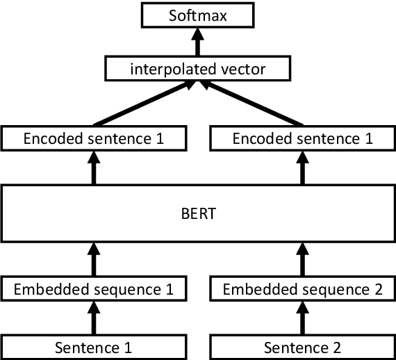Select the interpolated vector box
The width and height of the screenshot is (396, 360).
click(x=198, y=69)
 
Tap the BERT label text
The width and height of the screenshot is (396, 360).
click(x=198, y=213)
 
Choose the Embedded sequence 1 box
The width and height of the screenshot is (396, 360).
click(x=94, y=288)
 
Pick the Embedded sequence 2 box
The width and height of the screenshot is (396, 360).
click(x=303, y=288)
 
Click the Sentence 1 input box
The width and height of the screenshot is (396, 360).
click(x=94, y=345)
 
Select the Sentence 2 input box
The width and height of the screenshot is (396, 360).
click(x=303, y=345)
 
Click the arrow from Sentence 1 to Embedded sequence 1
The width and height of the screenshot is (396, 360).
click(x=94, y=318)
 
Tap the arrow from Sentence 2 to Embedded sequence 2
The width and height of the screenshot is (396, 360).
click(x=303, y=318)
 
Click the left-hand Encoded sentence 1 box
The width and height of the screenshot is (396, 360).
click(x=94, y=138)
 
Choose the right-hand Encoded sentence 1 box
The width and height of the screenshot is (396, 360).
click(x=303, y=138)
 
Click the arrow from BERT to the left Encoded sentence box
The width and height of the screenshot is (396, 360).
click(x=94, y=167)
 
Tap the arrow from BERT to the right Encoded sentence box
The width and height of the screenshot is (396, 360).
click(x=303, y=167)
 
